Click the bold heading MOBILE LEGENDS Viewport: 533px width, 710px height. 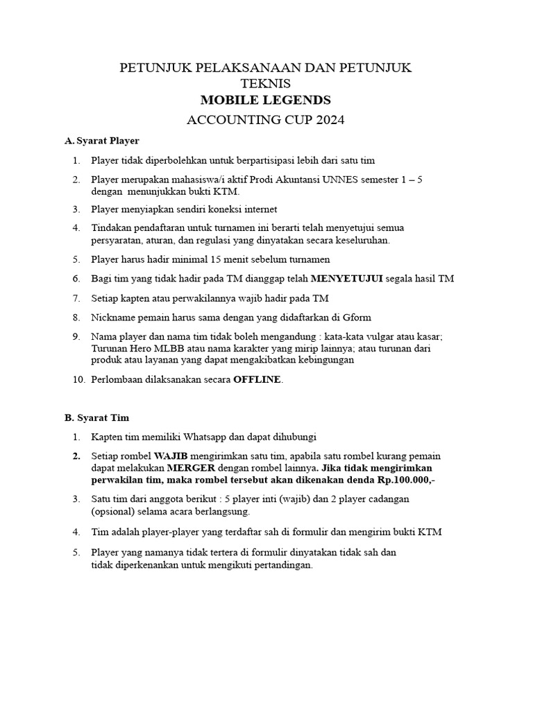266,101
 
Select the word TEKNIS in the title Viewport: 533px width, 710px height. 266,83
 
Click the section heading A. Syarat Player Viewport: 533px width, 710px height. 102,141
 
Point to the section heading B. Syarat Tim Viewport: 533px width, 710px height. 96,418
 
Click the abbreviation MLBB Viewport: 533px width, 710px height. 171,348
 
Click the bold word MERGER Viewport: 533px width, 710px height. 191,469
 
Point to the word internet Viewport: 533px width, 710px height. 258,209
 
